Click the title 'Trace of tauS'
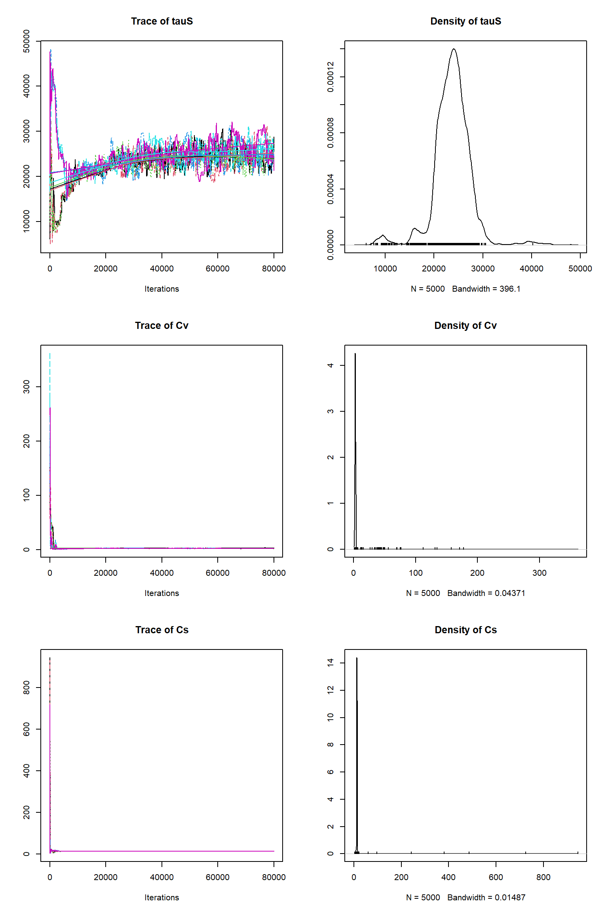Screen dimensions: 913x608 click(x=162, y=21)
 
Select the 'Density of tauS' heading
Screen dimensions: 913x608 click(x=465, y=21)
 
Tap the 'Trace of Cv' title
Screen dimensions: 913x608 click(x=161, y=326)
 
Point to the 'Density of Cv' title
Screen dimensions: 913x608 click(x=465, y=326)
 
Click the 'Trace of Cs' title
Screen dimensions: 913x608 click(x=162, y=630)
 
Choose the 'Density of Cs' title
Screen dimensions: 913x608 click(x=465, y=630)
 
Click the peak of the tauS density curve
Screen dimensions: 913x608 click(x=454, y=49)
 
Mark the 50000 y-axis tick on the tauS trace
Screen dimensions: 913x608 click(x=27, y=41)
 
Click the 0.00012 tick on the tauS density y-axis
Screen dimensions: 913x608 click(x=331, y=77)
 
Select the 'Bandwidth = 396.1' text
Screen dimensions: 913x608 click(x=486, y=289)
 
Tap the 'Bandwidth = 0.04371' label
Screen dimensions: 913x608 click(x=486, y=593)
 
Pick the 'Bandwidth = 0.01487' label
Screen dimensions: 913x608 click(x=486, y=898)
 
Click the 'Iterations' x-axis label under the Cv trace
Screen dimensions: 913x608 click(x=161, y=593)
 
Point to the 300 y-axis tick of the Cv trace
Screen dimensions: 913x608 click(x=27, y=387)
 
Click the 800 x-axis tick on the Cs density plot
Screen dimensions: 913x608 click(x=543, y=877)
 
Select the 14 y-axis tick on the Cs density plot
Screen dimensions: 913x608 click(x=331, y=663)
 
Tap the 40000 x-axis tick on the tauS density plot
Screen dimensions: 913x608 click(x=531, y=269)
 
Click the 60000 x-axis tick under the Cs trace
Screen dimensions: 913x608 click(x=217, y=877)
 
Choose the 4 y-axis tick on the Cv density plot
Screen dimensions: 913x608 click(x=331, y=365)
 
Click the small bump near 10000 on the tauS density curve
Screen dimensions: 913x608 click(x=382, y=236)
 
